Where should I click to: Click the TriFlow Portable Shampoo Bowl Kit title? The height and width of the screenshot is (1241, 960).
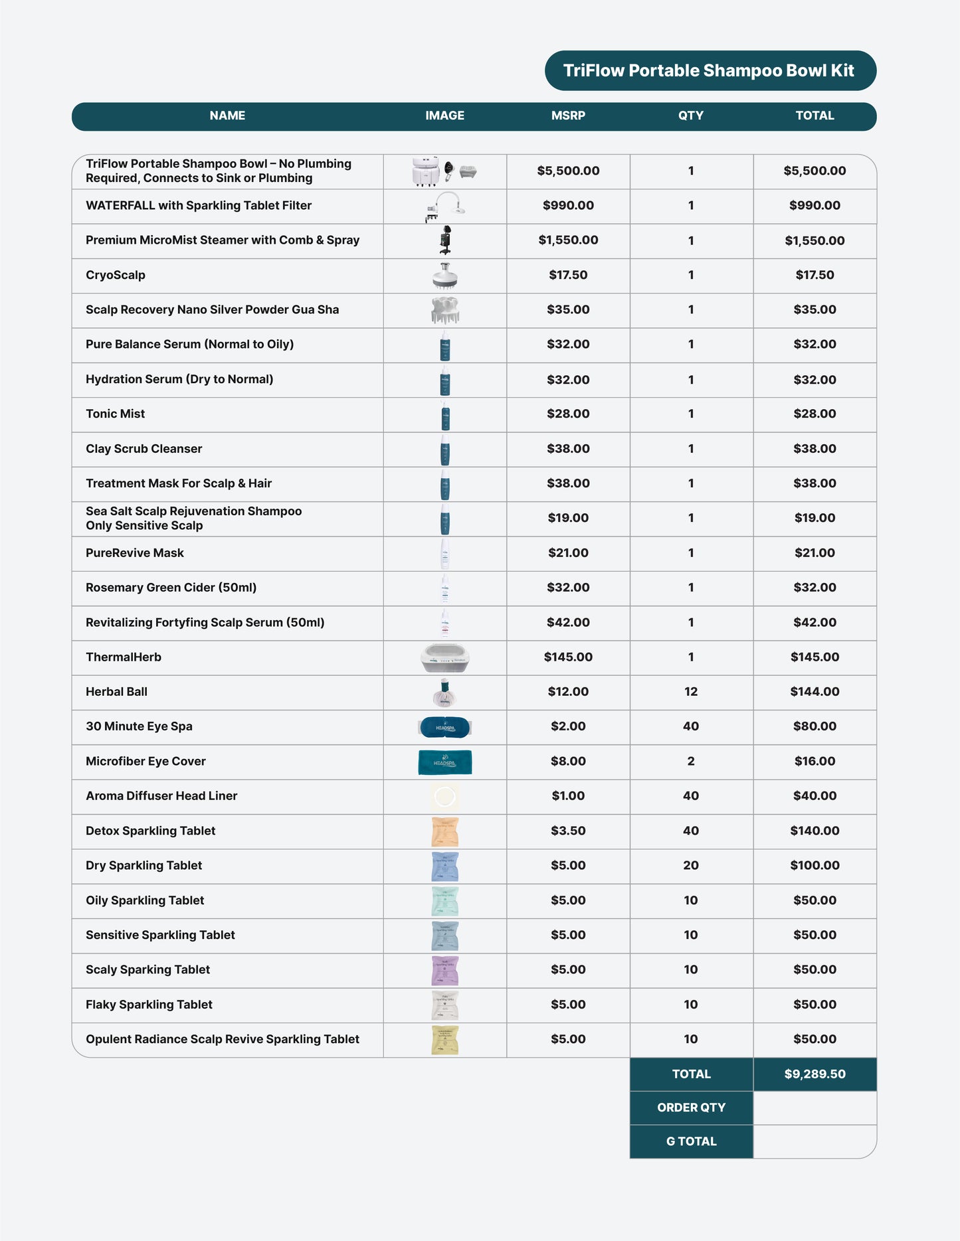coord(709,70)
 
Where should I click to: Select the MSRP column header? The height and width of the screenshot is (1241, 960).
coord(568,116)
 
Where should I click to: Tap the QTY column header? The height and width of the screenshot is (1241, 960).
coord(690,116)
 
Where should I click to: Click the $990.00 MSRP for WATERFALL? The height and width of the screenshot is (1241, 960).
coord(568,206)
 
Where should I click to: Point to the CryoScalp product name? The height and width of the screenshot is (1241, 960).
coord(116,275)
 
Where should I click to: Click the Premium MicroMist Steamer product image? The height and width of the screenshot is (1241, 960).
coord(445,240)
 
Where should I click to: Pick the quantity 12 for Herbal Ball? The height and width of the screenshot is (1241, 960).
coord(690,692)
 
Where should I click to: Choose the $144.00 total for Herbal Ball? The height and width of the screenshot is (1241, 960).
coord(815,692)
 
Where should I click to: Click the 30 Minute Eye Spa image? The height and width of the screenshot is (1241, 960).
coord(444,727)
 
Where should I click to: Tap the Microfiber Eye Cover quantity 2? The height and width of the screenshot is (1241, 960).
coord(690,762)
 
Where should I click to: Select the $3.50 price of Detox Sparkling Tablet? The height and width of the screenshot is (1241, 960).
coord(568,831)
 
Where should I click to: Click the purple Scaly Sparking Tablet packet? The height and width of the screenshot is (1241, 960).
coord(444,970)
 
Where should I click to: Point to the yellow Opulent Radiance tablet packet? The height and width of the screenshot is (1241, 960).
coord(444,1040)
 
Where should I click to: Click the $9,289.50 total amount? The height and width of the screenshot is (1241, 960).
coord(815,1074)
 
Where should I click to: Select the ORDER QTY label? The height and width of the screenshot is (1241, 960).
coord(691,1108)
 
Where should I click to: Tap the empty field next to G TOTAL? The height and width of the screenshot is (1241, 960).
coord(815,1142)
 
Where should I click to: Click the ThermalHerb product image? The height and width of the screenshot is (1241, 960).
coord(444,658)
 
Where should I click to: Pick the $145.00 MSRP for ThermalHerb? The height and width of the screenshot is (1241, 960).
coord(568,657)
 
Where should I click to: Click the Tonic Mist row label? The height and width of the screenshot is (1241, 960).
coord(116,414)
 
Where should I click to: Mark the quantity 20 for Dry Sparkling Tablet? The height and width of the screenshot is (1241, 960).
coord(690,866)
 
